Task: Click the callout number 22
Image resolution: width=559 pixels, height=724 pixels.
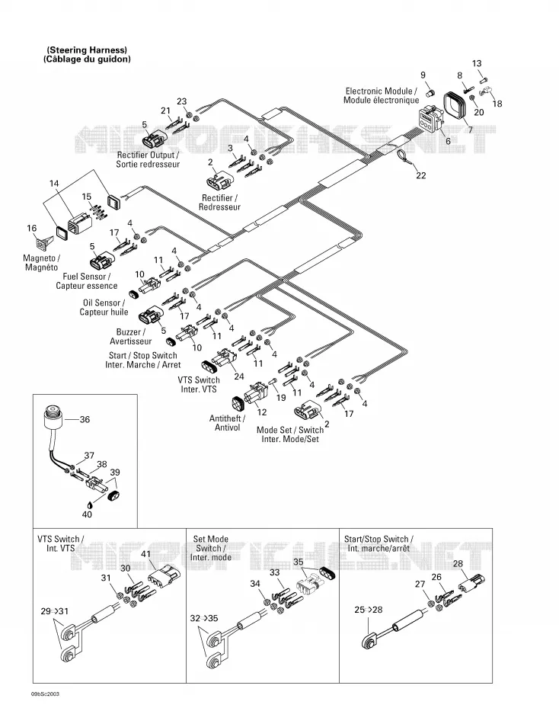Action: point(420,175)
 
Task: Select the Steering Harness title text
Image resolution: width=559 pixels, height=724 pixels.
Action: point(87,54)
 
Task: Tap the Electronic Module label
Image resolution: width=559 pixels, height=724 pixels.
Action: point(382,96)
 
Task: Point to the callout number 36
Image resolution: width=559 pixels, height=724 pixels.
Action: point(85,419)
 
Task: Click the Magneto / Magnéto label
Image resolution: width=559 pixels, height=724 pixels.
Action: point(42,263)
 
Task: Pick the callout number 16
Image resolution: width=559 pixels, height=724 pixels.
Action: point(31,228)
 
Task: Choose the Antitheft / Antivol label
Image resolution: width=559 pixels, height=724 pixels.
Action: point(227,423)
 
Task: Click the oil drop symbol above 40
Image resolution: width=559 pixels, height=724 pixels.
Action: point(88,505)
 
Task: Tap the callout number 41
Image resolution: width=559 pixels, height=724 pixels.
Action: point(146,554)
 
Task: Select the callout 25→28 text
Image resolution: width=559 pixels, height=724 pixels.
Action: point(369,610)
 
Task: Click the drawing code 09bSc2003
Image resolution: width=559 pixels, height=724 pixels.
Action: point(45,694)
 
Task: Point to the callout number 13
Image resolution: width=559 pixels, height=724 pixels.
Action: point(477,64)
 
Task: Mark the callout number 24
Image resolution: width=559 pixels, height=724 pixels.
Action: point(238,376)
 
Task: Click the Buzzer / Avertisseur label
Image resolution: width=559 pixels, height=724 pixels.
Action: point(131,337)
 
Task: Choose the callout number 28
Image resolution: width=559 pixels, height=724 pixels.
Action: point(458,564)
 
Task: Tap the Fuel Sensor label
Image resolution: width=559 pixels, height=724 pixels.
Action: point(87,281)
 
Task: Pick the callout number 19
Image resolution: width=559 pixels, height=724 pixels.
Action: point(281,398)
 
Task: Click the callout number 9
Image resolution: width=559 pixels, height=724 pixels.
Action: point(423,75)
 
